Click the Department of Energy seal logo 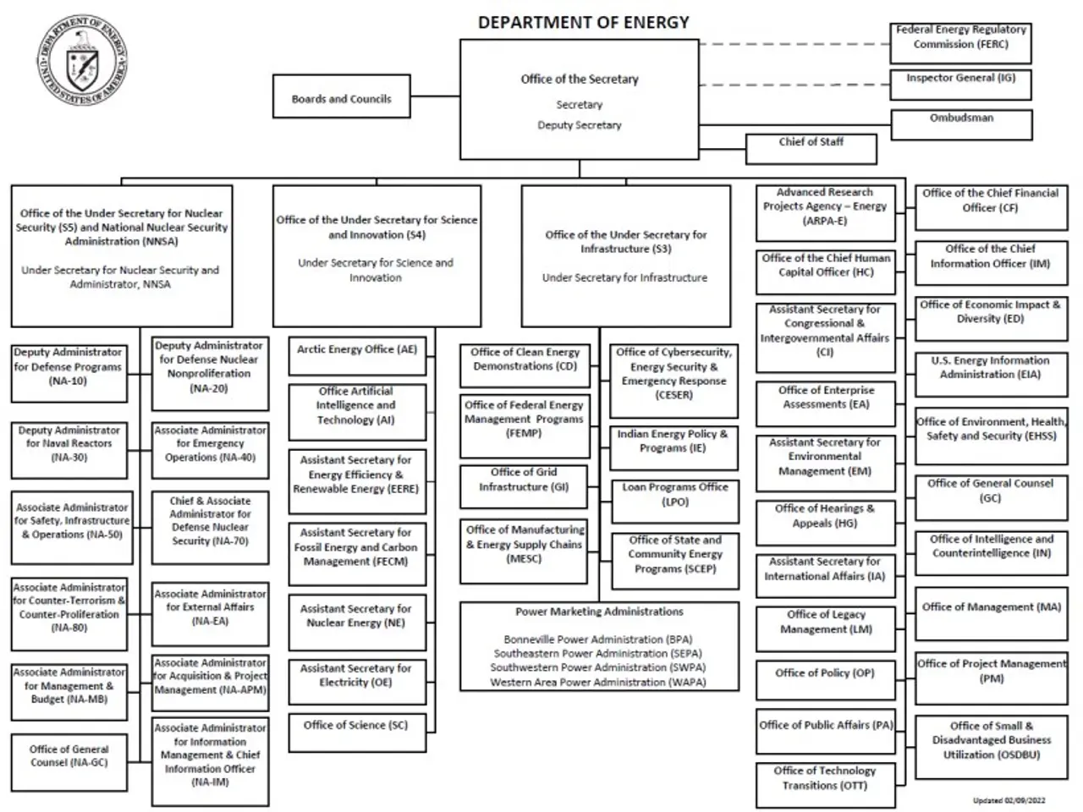click(x=83, y=61)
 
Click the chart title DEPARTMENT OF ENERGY click(x=583, y=22)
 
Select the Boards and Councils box click(x=341, y=98)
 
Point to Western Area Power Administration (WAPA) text click(x=598, y=682)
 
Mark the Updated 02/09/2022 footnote click(x=1009, y=800)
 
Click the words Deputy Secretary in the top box click(x=580, y=125)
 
